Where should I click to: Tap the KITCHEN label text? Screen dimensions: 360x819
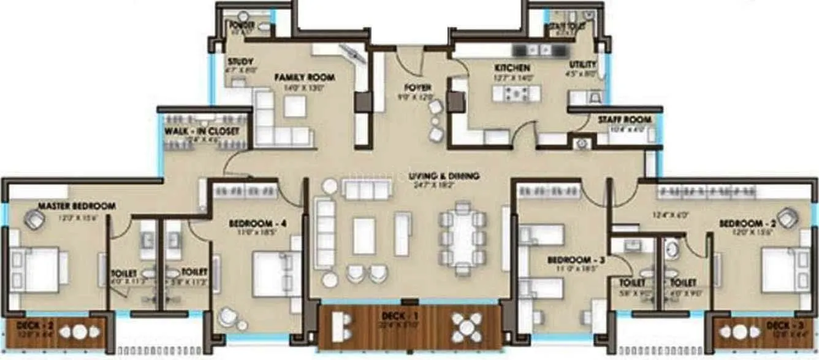(x=512, y=67)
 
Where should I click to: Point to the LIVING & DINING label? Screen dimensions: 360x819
(x=444, y=176)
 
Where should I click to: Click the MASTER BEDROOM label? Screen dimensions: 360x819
(x=76, y=206)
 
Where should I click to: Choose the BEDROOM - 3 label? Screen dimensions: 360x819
(x=576, y=260)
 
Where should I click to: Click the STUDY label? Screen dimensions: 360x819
(x=237, y=61)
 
